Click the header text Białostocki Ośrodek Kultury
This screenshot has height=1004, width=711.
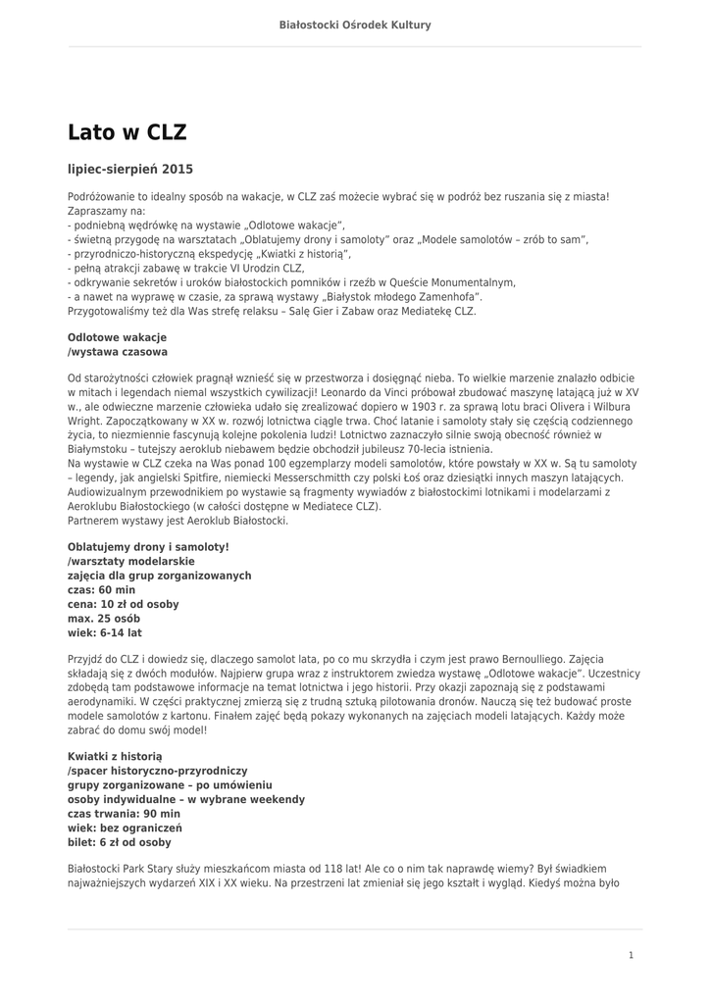point(355,25)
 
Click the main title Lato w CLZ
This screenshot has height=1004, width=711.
point(127,132)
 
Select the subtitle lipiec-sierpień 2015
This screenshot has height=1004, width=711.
point(130,169)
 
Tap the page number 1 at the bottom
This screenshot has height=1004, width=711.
point(632,955)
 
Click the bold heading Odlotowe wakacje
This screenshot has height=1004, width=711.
point(117,336)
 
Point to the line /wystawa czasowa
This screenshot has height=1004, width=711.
point(117,351)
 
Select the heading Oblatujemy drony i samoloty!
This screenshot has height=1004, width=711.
point(148,546)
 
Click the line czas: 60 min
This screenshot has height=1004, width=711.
point(101,590)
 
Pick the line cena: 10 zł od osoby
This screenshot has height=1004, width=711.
point(123,605)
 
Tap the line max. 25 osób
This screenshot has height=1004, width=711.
point(104,619)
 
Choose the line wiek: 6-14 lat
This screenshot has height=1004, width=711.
point(104,633)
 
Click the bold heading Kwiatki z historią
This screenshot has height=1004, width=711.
point(115,757)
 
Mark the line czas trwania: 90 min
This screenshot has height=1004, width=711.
point(124,814)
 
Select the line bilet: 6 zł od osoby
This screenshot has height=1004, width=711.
point(119,842)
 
